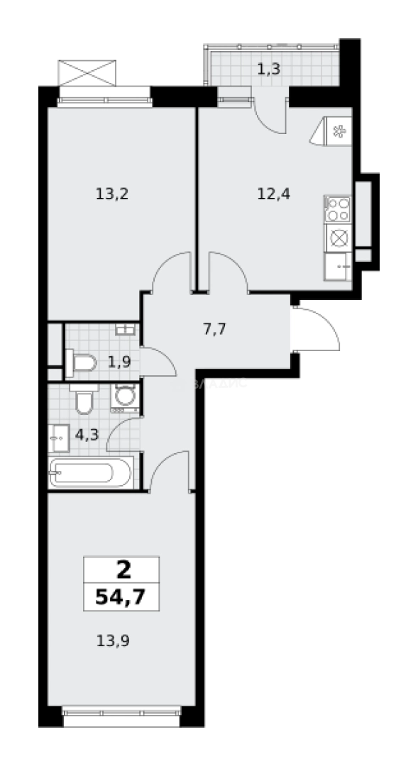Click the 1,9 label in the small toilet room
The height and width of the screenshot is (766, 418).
tap(119, 362)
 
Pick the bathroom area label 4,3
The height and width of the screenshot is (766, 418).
tap(87, 435)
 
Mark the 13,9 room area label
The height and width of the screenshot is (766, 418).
tap(112, 641)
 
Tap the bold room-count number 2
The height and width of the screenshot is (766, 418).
tap(122, 569)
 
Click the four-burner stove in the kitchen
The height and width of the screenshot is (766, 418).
tap(338, 210)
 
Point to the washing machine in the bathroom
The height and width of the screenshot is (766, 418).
tap(126, 398)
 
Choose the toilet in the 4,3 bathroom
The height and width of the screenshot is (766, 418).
tap(83, 401)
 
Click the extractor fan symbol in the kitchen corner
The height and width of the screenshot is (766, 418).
tap(336, 131)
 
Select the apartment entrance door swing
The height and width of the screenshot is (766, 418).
tap(319, 328)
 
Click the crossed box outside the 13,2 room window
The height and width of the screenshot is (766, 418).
tap(87, 73)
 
